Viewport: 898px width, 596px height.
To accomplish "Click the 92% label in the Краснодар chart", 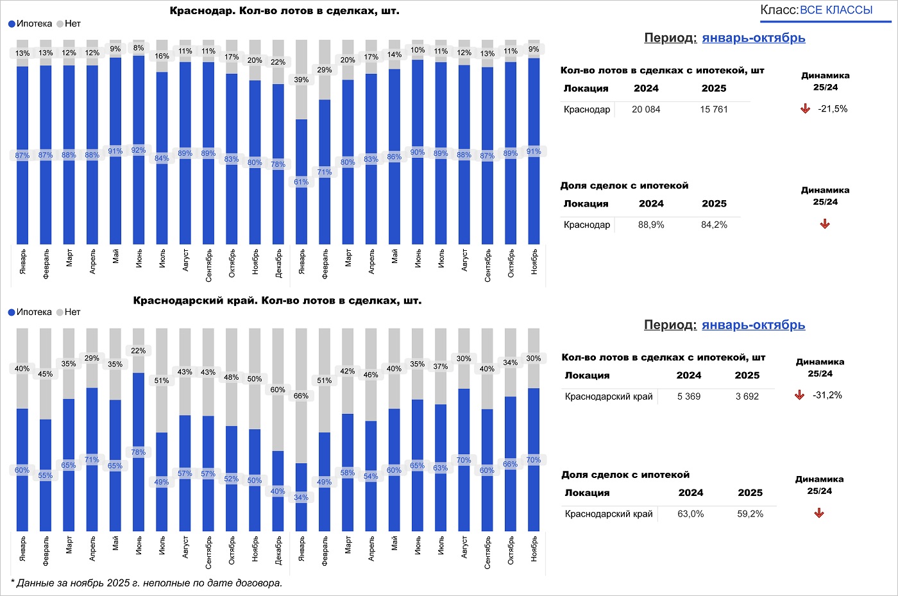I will pos(139,151).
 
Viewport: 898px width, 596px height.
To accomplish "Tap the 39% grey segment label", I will pos(301,80).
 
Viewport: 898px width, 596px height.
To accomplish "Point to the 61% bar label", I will pos(301,182).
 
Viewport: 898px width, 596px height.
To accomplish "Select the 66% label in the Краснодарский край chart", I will pos(301,396).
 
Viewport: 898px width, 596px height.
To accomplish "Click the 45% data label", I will pos(46,374).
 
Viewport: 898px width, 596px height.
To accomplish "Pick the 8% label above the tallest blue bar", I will pos(139,48).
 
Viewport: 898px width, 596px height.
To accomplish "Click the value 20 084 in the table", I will pos(646,110).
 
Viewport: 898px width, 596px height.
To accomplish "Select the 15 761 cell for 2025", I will pos(714,110).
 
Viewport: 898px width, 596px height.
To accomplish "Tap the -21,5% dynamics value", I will pos(833,109).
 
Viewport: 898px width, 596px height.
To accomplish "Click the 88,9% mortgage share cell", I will pos(651,225).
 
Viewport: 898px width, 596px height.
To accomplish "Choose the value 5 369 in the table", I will pos(689,396).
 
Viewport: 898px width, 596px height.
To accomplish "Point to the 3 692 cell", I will pos(747,396).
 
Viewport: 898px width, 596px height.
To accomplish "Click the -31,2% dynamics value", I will pos(827,395).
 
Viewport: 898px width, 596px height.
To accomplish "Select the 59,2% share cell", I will pos(750,514).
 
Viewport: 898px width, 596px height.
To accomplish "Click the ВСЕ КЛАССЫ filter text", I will pos(836,10).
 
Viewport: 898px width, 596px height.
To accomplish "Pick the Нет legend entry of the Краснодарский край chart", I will pos(72,312).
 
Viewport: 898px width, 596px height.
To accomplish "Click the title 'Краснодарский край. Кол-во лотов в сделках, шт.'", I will pos(277,301).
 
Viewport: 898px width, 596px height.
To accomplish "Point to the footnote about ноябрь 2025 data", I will pos(146,583).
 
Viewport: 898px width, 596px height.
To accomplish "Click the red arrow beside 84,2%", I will pos(825,225).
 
